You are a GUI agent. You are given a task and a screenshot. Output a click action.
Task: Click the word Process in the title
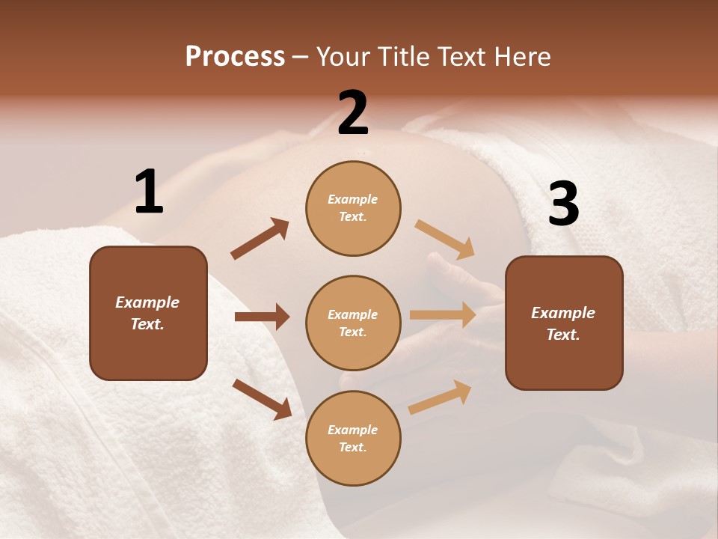(x=235, y=57)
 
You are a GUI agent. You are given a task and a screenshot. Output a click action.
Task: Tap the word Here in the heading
(x=521, y=57)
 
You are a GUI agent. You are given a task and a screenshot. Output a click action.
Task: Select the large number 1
(x=149, y=192)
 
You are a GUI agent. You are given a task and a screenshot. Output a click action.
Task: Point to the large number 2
(x=353, y=113)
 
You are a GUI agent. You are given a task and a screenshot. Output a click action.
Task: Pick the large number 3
(x=563, y=204)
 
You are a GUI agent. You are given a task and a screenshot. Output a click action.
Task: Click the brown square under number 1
(x=148, y=313)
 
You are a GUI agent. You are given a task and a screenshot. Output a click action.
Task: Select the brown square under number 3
(x=564, y=323)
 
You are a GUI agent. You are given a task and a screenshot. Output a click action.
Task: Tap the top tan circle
(x=353, y=208)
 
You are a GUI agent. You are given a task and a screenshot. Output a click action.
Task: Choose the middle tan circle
(x=353, y=323)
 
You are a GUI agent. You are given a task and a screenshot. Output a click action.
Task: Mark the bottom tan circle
(x=353, y=438)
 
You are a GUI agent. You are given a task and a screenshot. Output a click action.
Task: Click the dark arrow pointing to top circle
(x=260, y=239)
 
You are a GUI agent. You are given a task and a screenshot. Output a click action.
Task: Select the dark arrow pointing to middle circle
(x=262, y=317)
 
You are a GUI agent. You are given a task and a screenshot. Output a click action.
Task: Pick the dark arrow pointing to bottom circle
(x=263, y=399)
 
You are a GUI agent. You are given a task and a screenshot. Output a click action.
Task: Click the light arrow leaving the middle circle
(x=443, y=315)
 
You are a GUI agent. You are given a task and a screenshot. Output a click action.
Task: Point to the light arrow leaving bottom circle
(x=440, y=398)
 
